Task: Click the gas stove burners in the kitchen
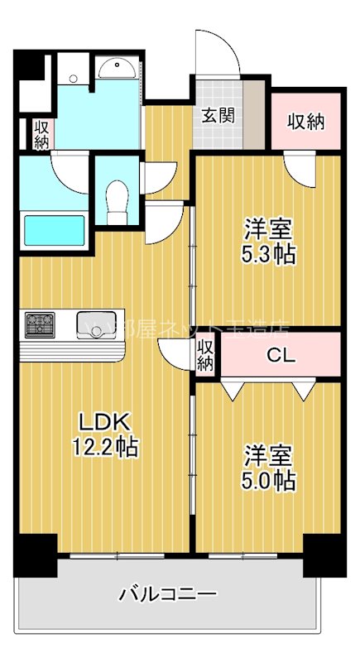[40, 324]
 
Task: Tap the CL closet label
[277, 356]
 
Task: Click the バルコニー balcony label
[168, 593]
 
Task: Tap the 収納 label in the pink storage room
[305, 122]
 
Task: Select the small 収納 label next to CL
[206, 355]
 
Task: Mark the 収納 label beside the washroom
[41, 135]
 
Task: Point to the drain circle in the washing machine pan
[74, 79]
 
